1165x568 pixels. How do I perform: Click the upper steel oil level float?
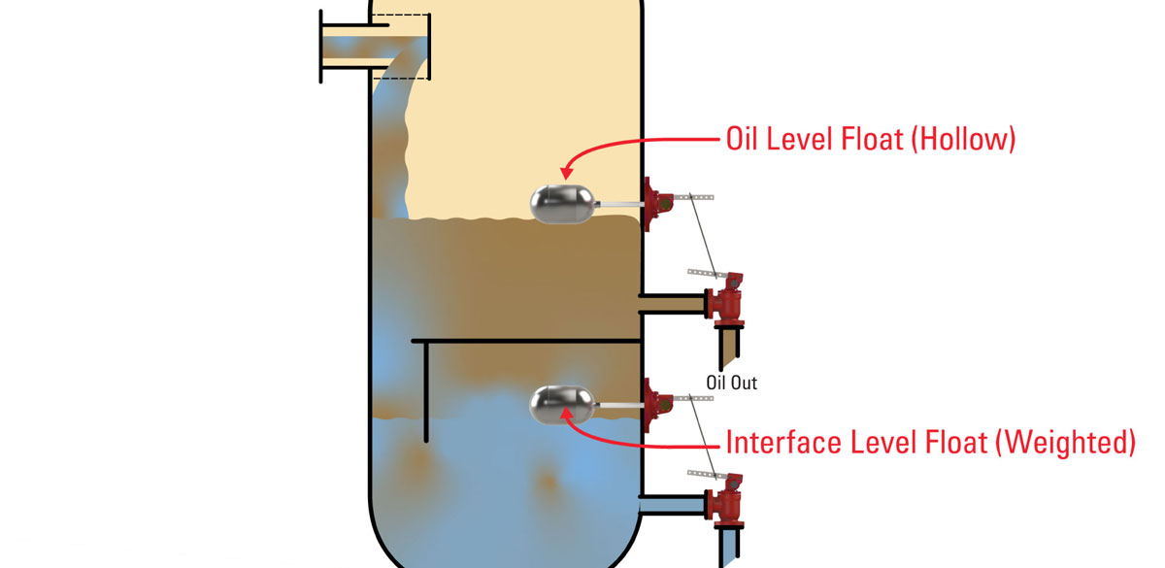point(557,202)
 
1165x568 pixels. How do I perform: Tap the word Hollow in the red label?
point(962,140)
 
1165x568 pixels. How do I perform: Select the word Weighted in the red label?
point(1066,444)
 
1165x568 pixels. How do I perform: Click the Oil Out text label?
point(731,383)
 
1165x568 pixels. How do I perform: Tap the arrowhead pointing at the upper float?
point(569,173)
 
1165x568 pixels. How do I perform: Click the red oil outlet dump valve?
point(723,301)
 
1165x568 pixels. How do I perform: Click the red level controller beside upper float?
point(659,202)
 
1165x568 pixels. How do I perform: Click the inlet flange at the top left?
point(321,45)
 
